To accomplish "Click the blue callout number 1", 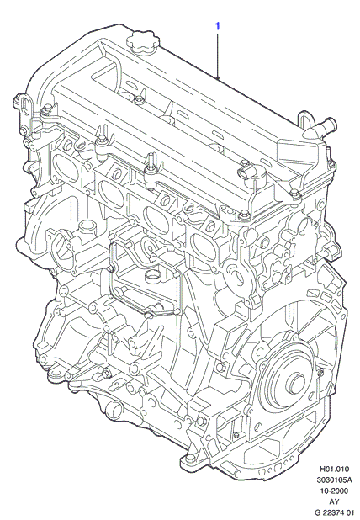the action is [x=218, y=26].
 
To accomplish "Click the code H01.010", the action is [x=334, y=469].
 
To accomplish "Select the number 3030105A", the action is [x=334, y=480].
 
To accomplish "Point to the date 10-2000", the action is [x=334, y=491].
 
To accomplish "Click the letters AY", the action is [x=334, y=501].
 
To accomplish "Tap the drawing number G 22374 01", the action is [x=334, y=512].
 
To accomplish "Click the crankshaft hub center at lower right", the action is [x=296, y=383].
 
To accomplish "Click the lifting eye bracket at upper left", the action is [x=24, y=106].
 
